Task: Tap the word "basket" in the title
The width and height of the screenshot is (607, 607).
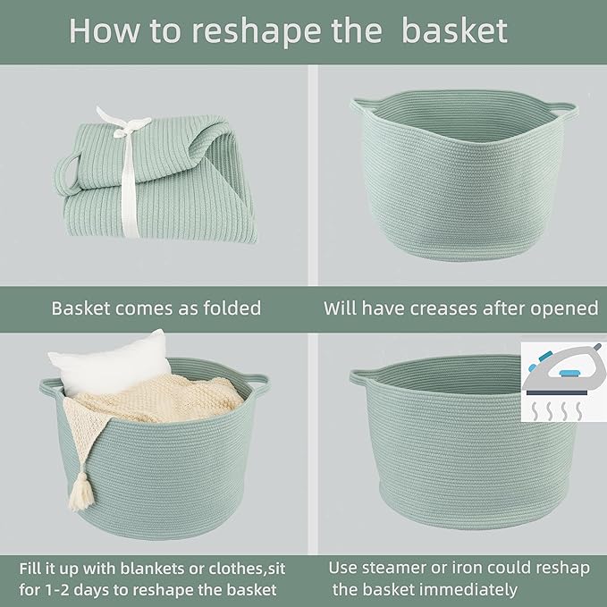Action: [x=454, y=30]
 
